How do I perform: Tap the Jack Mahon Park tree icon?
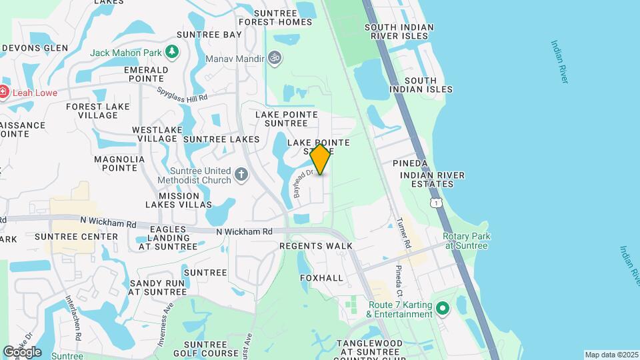tap(172, 51)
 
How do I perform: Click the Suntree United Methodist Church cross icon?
tap(241, 175)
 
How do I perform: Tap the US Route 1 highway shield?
tap(437, 202)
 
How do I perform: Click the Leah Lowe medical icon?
tap(4, 92)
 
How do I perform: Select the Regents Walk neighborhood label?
tap(315, 246)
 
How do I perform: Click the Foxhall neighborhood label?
tap(321, 277)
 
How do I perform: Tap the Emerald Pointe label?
tap(146, 74)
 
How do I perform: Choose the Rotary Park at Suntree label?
tap(466, 241)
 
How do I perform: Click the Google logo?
tap(21, 351)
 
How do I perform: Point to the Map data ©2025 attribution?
tap(611, 355)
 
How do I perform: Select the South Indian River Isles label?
tap(399, 32)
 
